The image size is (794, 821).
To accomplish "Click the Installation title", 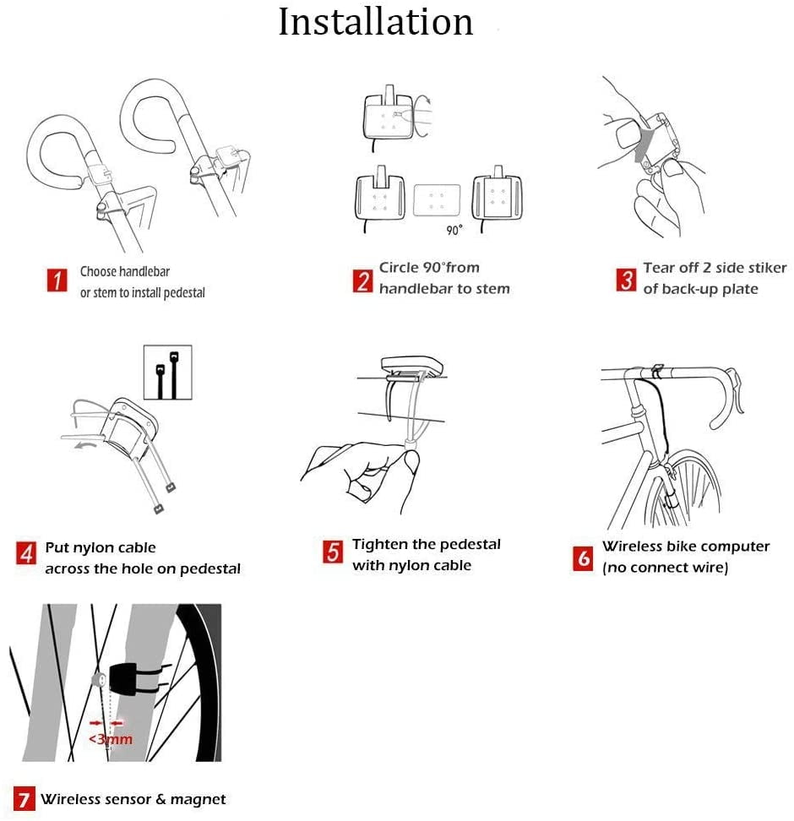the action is [x=376, y=23].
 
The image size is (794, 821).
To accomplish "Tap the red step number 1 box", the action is [x=57, y=280].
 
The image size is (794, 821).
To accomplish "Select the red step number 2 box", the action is [x=362, y=280].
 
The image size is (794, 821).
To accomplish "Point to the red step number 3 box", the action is [x=626, y=280].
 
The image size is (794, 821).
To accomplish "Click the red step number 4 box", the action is [x=26, y=553].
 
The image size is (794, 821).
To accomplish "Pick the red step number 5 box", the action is [x=333, y=552].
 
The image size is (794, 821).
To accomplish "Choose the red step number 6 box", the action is [x=583, y=558].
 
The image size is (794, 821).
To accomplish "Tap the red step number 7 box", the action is [x=24, y=799].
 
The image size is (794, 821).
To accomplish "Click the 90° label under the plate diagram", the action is [x=454, y=230].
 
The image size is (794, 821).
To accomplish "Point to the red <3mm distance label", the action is [x=110, y=739].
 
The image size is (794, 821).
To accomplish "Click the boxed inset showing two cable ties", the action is [x=167, y=372].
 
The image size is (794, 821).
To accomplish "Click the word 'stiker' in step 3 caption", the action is [x=766, y=268].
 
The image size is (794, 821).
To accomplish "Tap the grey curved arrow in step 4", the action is [x=86, y=444].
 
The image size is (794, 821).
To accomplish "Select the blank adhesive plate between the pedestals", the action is [x=437, y=200].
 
